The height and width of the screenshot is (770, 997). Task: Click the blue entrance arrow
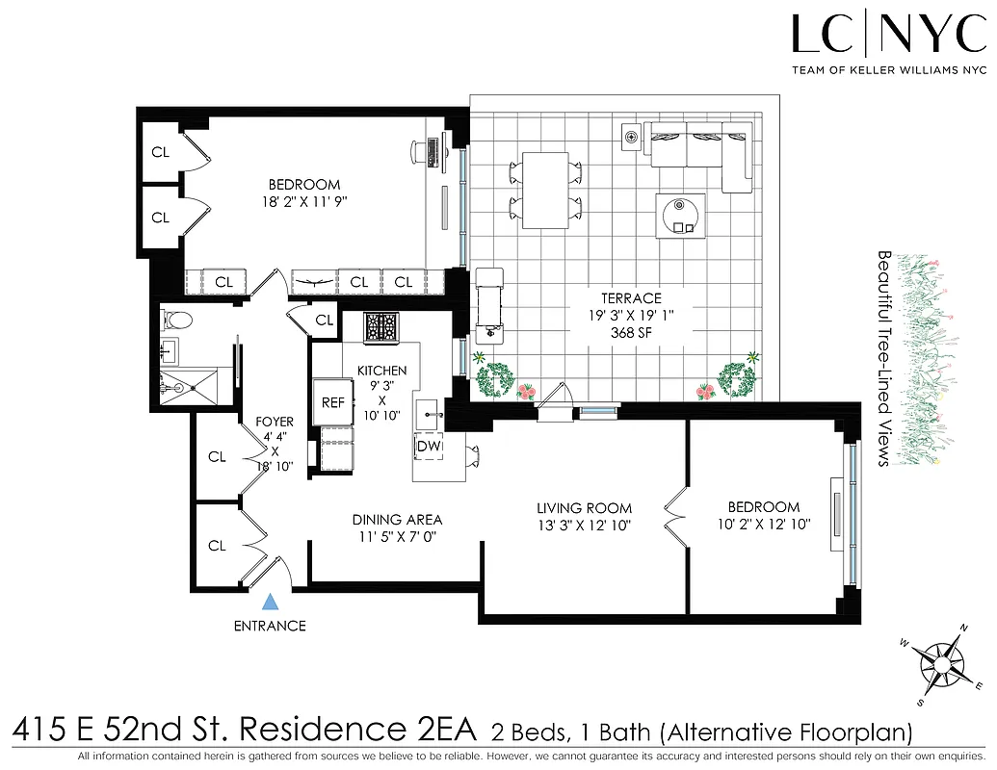point(272,603)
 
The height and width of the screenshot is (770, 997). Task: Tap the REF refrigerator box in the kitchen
point(333,402)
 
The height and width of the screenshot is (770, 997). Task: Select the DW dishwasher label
point(428,447)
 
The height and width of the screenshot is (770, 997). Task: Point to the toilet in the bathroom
point(176,320)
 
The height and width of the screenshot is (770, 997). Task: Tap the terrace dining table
point(544,190)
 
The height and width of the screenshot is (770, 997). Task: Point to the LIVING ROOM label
point(584,508)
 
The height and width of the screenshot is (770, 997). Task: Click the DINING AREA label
point(397,520)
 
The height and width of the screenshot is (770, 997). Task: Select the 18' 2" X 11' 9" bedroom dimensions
point(304,202)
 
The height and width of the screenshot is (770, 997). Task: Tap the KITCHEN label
point(381,371)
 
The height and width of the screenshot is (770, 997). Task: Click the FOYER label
point(275,422)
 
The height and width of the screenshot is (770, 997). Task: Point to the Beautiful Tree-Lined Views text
point(883,358)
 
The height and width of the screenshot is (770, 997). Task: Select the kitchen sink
point(429,416)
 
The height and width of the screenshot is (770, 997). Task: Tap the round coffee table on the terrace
point(681,214)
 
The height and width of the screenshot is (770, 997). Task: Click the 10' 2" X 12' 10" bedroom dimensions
point(763,525)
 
